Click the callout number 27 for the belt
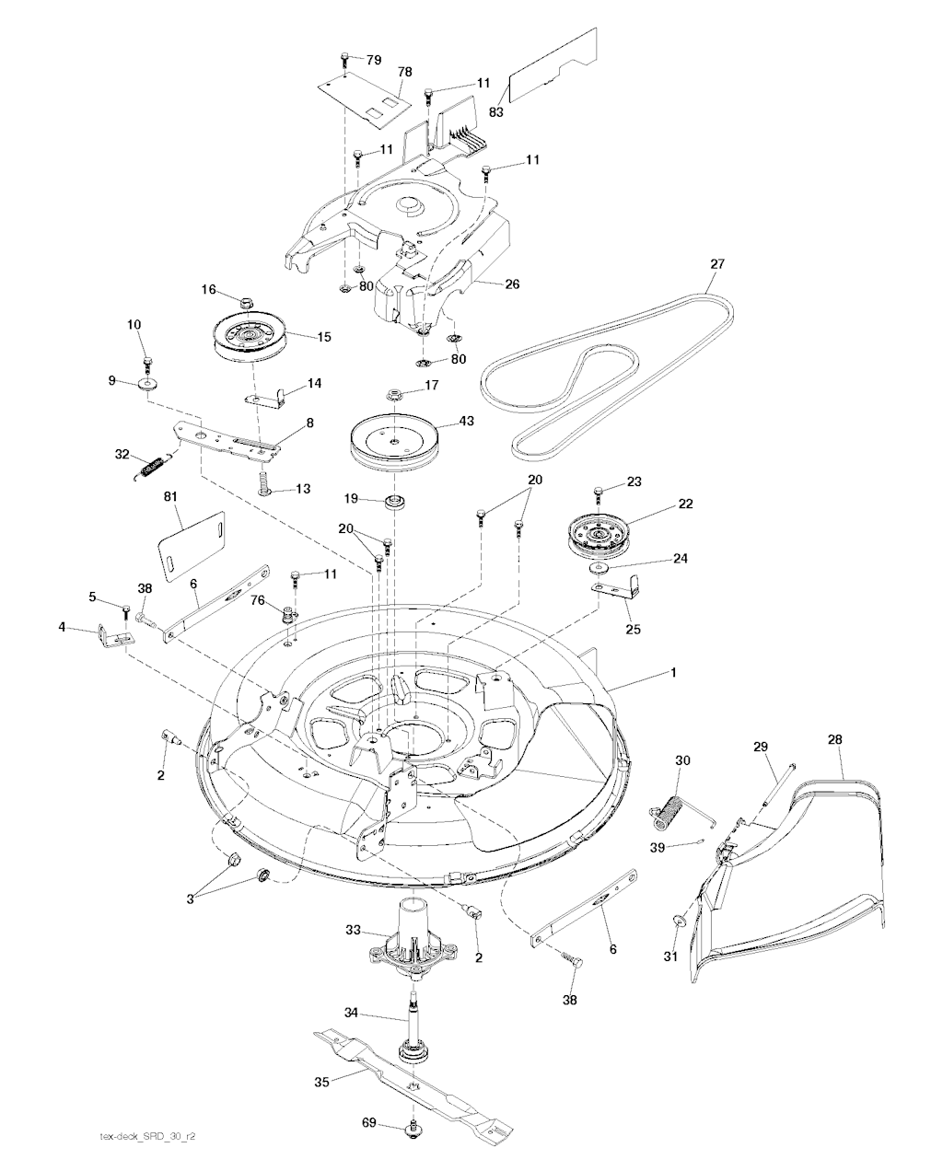717,264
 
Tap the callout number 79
373,60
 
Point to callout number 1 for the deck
673,673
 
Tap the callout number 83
496,110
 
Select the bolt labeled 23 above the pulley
599,492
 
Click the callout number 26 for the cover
512,284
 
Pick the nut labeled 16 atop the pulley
246,302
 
